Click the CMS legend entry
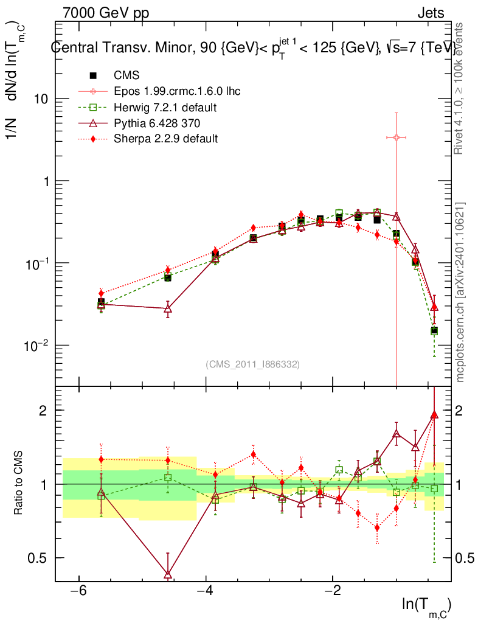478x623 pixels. coord(126,75)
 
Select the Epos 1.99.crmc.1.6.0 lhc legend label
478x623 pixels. coord(177,91)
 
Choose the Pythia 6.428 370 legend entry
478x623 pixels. coord(157,123)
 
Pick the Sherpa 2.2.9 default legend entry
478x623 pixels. coord(166,139)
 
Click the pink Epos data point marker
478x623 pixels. coord(396,137)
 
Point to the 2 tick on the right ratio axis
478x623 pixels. coord(460,411)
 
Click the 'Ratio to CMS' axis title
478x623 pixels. coord(18,484)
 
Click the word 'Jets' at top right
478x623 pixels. coord(430,13)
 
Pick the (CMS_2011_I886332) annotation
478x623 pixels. coord(253,364)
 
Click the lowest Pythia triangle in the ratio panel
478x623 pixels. coord(168,574)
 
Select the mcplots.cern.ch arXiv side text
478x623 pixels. coord(461,292)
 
